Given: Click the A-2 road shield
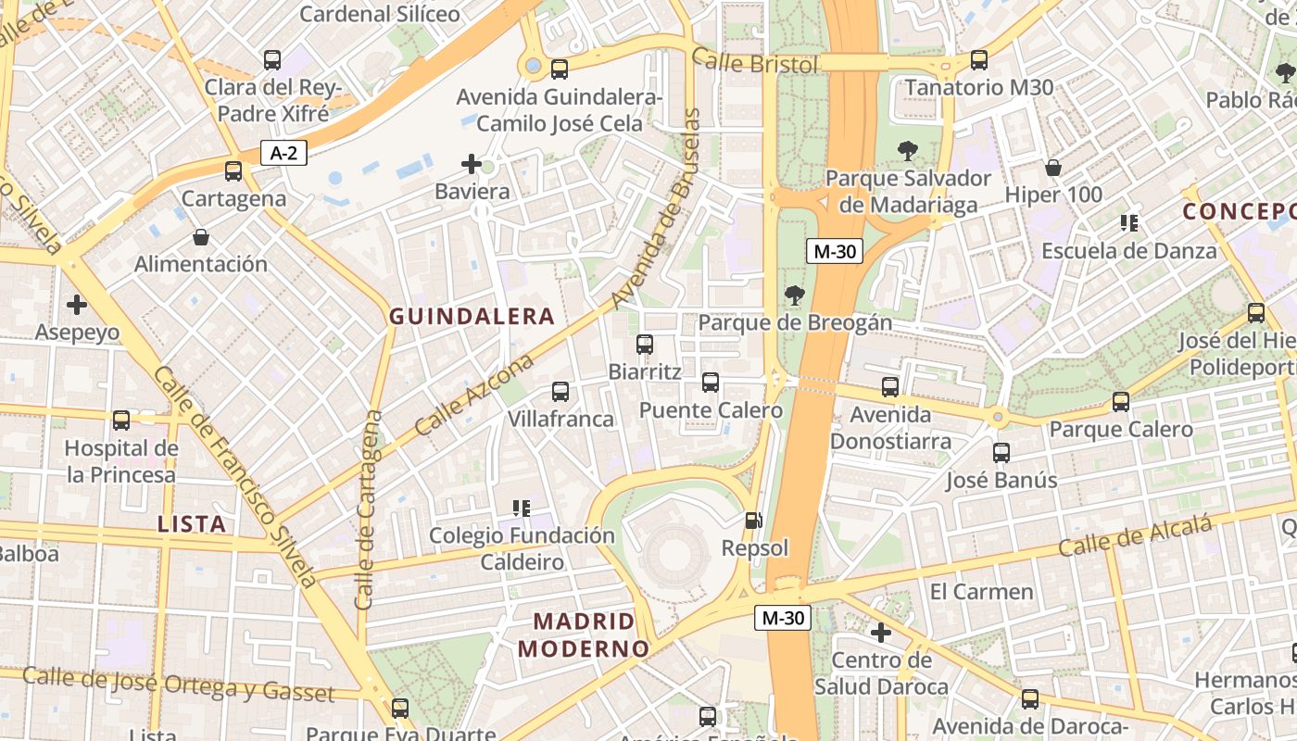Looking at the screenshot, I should point(283,153).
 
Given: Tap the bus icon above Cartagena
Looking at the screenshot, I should point(233,171).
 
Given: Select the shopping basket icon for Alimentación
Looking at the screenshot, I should point(201,237).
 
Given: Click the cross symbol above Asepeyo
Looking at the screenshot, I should point(77,304).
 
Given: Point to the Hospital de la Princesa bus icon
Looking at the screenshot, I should point(121,421).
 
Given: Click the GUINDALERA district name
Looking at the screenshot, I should point(472,317).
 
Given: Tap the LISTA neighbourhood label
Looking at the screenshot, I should point(192,523).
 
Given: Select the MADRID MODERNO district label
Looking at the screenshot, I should point(583,634).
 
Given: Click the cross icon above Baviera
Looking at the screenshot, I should point(472,165).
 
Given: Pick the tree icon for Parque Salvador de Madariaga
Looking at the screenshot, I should point(908,151).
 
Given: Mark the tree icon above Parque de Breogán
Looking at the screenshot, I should point(794,295).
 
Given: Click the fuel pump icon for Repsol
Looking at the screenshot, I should point(754,521).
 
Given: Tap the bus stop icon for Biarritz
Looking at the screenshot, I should point(645,345).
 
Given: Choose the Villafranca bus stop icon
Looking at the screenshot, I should point(560,392).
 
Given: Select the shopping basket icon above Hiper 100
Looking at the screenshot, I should point(1053,168).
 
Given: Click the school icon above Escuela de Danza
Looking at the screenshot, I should point(1129,223).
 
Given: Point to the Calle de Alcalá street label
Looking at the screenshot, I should point(1135,536).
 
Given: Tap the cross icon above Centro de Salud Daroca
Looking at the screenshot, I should point(881,633).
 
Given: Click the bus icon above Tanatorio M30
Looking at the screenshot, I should point(979,60).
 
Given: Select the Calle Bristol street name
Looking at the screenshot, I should point(755,64).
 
